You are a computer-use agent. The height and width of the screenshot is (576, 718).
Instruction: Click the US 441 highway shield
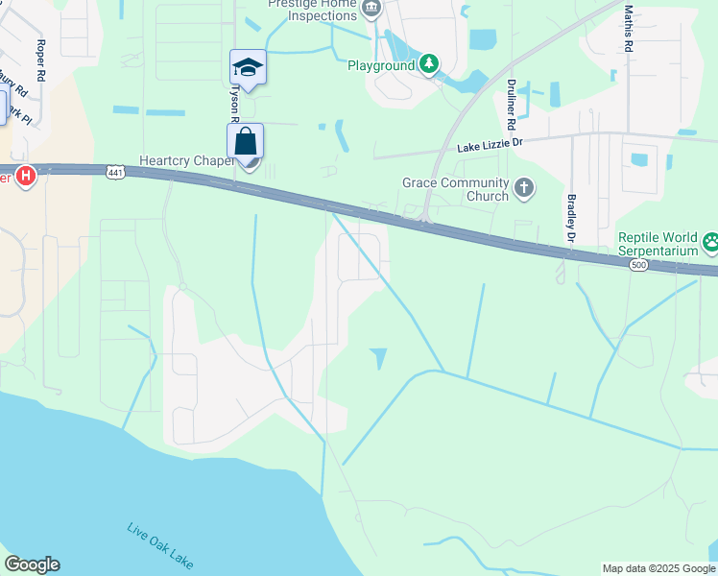coord(114,172)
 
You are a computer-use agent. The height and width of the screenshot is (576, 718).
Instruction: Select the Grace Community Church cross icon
coord(524,187)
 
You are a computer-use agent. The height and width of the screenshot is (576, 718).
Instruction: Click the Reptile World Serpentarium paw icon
coord(711,241)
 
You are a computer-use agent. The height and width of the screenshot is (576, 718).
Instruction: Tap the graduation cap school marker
coord(247,68)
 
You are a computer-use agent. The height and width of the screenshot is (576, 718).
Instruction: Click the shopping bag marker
coord(246,141)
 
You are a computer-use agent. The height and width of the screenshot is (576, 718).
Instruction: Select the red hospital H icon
coord(27,177)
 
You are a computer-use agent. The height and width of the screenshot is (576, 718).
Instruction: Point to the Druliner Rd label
coord(512,105)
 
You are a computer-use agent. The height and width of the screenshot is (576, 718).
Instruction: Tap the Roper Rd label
coord(40,60)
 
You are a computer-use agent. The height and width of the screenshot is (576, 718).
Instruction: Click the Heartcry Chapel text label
coord(186,160)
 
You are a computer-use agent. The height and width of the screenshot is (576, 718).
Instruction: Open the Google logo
coord(32,564)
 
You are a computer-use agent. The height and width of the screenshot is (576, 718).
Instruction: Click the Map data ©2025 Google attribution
coord(658,568)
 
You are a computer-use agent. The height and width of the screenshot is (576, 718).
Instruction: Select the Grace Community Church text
coord(455,190)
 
